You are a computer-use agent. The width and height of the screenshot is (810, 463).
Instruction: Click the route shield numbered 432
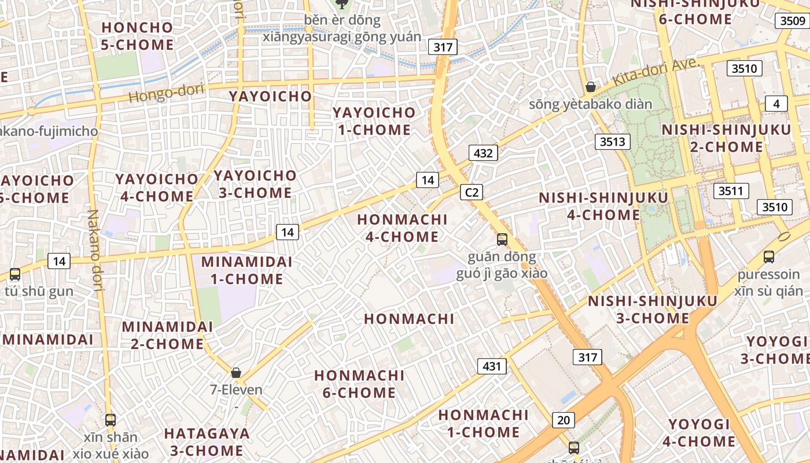483,153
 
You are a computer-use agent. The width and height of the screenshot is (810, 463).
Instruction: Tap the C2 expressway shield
472,192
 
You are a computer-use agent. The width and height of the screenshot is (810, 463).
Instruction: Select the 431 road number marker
492,366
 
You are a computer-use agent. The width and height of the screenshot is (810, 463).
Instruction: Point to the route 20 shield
563,420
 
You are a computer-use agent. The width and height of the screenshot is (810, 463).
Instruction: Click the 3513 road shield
613,142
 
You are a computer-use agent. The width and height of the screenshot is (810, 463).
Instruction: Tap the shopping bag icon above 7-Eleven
235,372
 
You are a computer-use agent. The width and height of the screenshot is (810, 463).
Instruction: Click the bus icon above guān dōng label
502,239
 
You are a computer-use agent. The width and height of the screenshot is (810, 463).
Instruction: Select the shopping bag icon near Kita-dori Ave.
591,87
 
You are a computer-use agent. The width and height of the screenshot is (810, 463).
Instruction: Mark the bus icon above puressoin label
768,256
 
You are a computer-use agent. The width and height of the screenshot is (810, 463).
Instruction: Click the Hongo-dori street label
167,93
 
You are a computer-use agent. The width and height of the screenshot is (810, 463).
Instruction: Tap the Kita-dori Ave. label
656,72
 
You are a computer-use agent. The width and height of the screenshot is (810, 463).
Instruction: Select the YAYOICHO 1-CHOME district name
374,121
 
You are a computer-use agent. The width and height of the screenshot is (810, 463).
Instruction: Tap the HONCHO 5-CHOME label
137,36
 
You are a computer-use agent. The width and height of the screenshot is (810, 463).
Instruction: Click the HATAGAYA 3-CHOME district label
207,442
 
